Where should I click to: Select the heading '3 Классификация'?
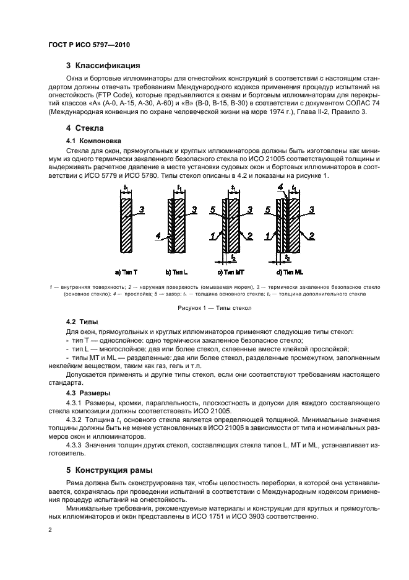point(103,65)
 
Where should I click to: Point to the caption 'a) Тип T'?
point(127,272)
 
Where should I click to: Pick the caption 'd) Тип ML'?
point(285,272)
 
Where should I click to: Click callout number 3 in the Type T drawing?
point(142,211)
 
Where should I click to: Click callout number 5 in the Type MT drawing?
point(212,211)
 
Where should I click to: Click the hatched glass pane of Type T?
point(126,226)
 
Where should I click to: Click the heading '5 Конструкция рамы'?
point(110,469)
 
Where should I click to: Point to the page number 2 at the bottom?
point(51,530)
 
